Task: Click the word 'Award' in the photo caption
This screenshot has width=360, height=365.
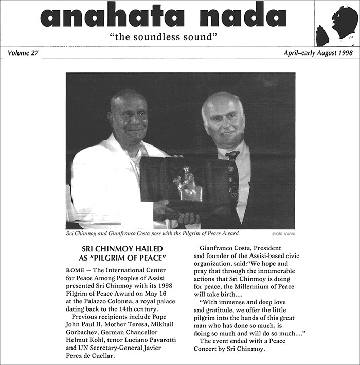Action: [228, 233]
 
